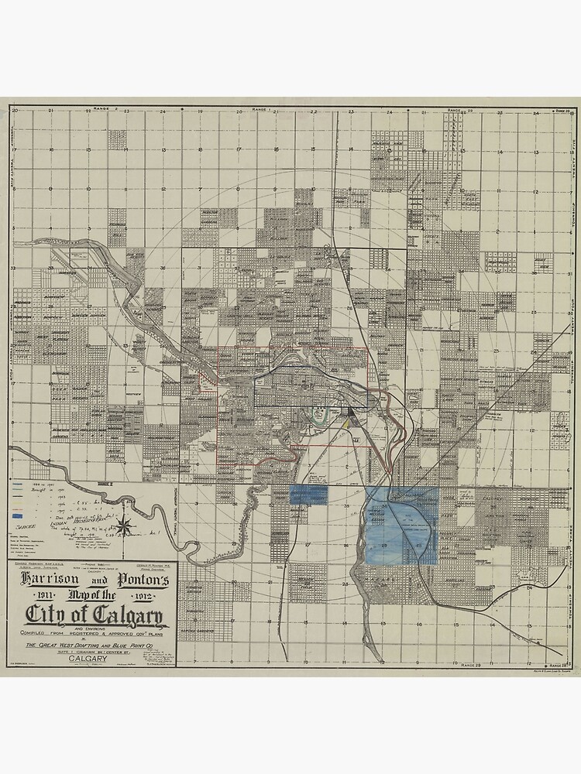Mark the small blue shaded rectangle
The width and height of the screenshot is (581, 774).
308,496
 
